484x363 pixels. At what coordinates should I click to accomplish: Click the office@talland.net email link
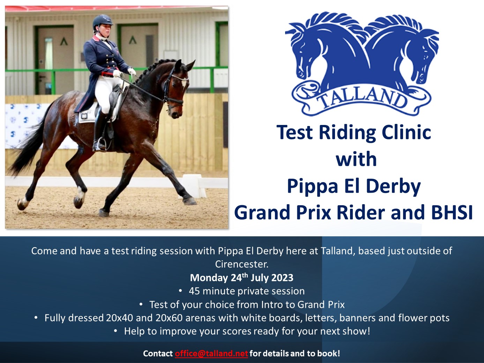[211, 353]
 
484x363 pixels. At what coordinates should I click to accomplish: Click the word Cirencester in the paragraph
[242, 264]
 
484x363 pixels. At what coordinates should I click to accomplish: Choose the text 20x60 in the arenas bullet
[169, 318]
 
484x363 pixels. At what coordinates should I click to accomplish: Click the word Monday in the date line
[209, 278]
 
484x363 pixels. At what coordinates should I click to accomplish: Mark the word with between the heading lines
[356, 159]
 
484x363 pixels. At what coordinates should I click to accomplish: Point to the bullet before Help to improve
[116, 331]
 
